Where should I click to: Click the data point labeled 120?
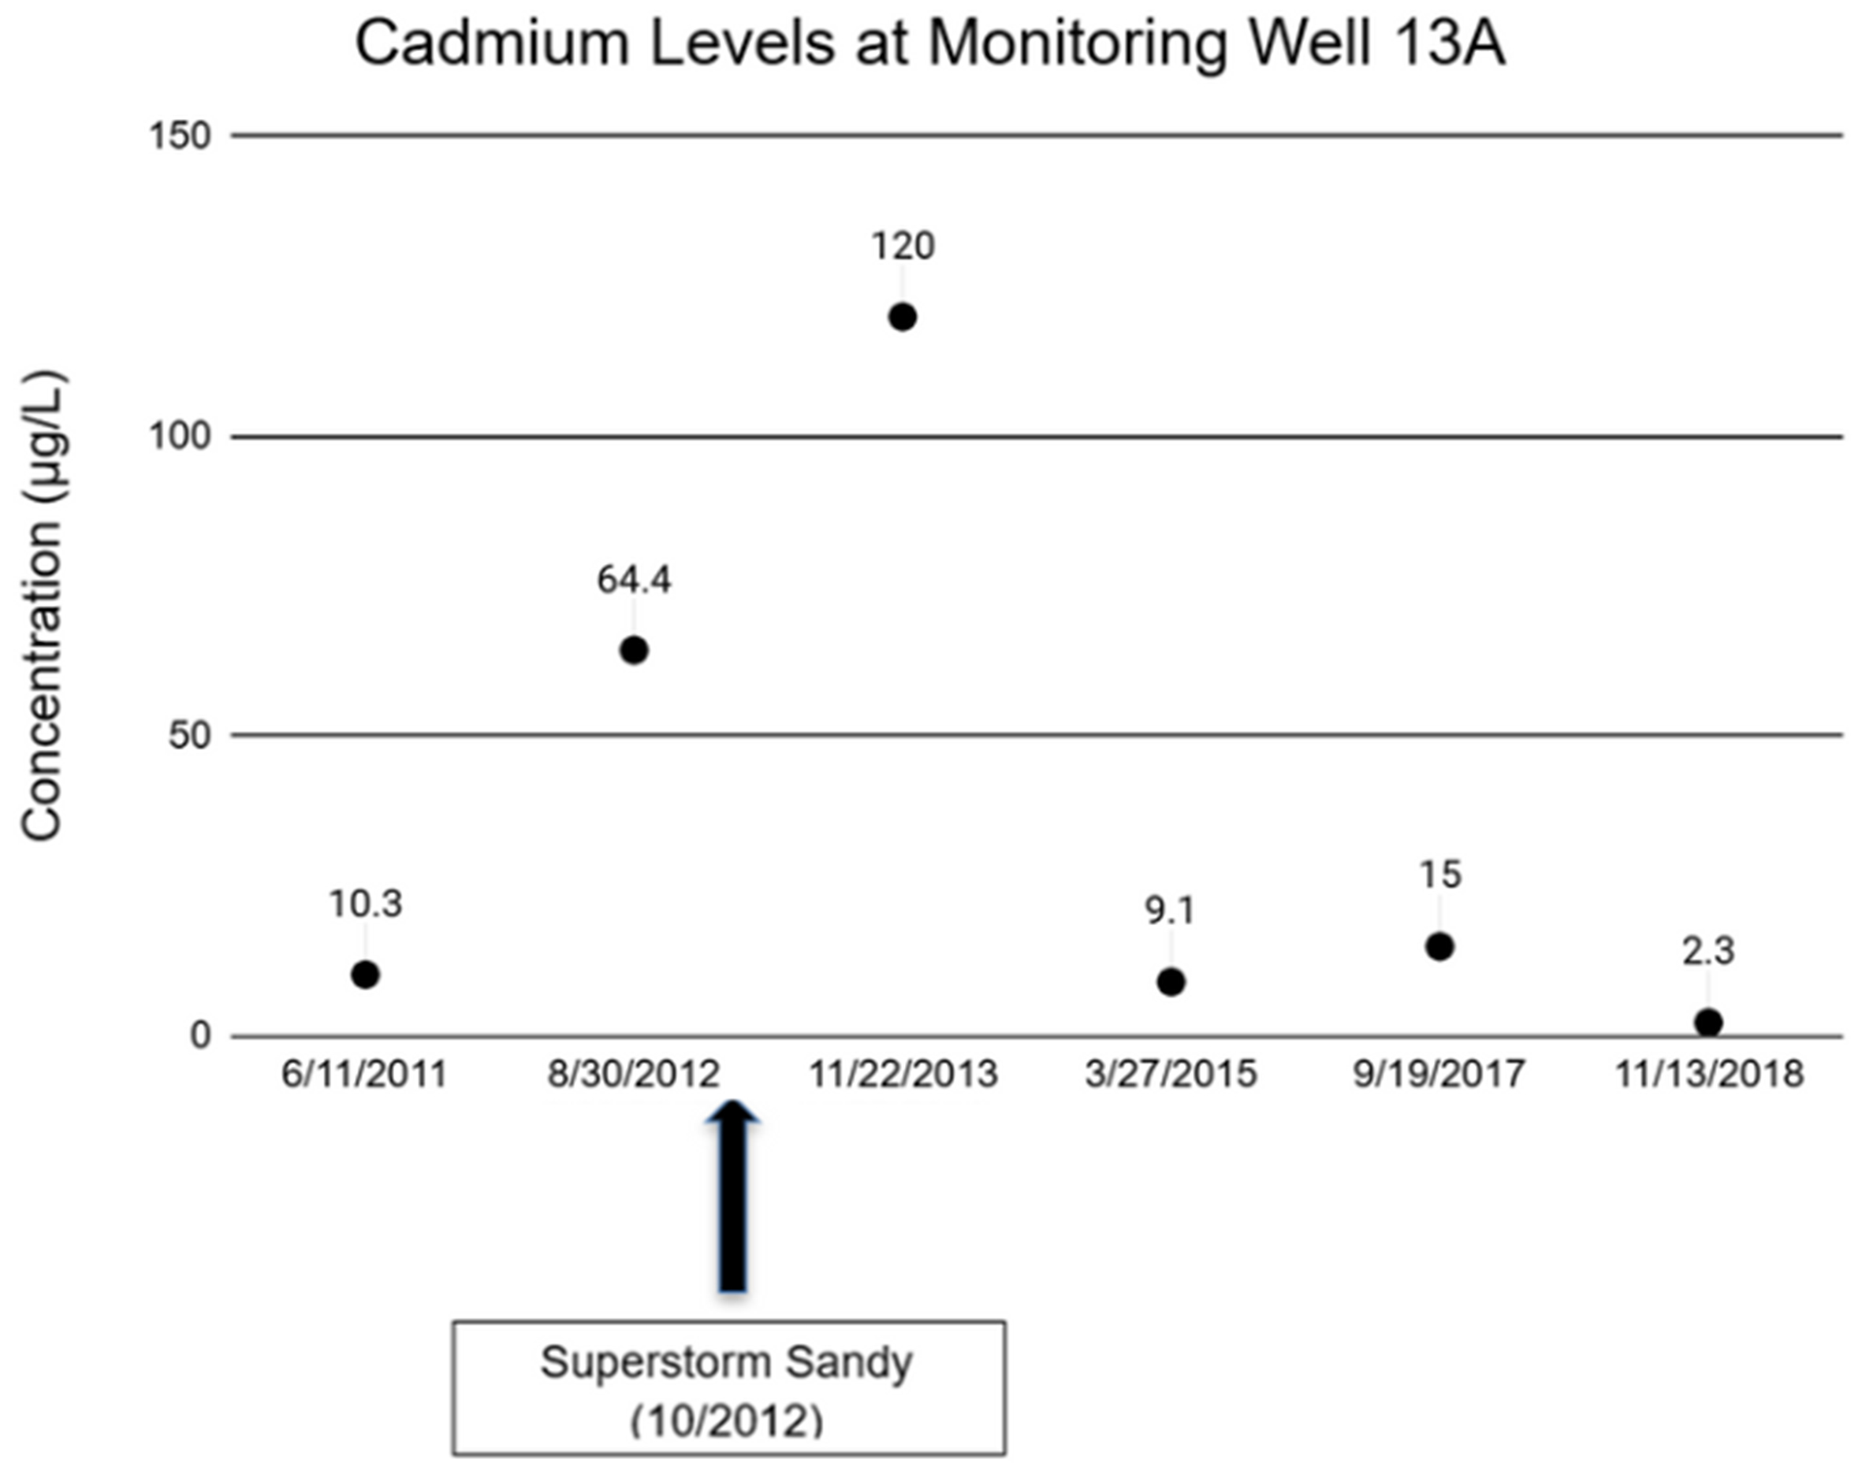point(903,317)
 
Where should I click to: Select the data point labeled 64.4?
point(633,650)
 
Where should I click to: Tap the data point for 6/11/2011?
point(365,975)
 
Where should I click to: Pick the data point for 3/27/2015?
point(1171,982)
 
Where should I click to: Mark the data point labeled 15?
point(1439,946)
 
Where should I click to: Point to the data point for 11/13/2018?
point(1708,1022)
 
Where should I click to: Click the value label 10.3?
point(366,904)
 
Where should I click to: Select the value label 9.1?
point(1171,912)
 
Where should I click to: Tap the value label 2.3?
point(1708,952)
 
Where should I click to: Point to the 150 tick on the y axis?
point(180,136)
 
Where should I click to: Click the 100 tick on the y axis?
point(180,436)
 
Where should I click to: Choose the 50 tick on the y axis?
point(189,736)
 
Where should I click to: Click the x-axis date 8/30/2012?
point(634,1074)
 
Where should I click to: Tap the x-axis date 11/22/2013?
point(904,1074)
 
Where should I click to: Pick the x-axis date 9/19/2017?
point(1439,1074)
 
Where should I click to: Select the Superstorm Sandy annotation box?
point(728,1387)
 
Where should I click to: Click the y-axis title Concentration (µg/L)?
point(41,604)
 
